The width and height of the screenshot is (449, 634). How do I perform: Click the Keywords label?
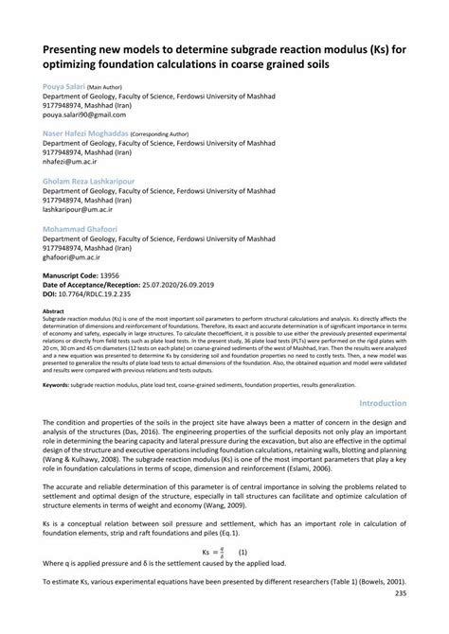[56, 385]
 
